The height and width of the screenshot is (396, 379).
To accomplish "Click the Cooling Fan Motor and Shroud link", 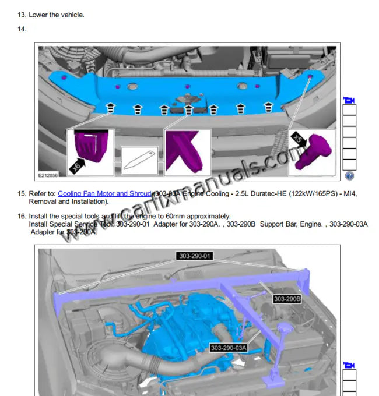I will point(104,193).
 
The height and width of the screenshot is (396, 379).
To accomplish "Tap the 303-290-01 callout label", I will point(195,256).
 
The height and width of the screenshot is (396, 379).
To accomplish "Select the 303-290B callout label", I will point(287,299).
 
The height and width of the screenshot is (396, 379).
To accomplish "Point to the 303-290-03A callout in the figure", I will point(229,348).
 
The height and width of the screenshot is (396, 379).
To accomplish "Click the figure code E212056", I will point(48,174).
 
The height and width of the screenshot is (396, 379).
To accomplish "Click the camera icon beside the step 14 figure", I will point(349,99).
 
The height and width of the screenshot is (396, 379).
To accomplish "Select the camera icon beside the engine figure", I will point(349,365).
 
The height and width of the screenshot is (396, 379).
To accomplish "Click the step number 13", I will point(22,15).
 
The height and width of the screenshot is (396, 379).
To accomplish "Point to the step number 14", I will point(22,29).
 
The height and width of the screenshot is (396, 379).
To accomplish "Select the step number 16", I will point(22,217).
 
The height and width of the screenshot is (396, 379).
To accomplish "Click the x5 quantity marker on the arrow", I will point(297,139).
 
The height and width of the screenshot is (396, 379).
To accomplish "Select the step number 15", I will point(22,193).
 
